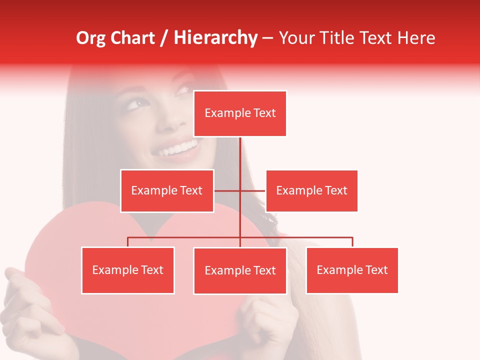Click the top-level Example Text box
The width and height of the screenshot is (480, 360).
click(240, 113)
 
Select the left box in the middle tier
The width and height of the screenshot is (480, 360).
click(167, 190)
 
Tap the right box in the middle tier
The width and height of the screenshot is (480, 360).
click(311, 190)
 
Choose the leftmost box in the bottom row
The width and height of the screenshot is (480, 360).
click(128, 270)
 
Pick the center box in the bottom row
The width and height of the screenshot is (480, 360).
click(240, 271)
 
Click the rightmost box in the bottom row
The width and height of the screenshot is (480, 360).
click(352, 270)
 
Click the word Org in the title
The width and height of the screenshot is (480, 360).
click(90, 38)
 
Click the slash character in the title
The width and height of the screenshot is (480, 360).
click(164, 38)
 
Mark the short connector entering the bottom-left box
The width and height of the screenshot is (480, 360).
click(128, 242)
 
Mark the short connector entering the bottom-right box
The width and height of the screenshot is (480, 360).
click(352, 242)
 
